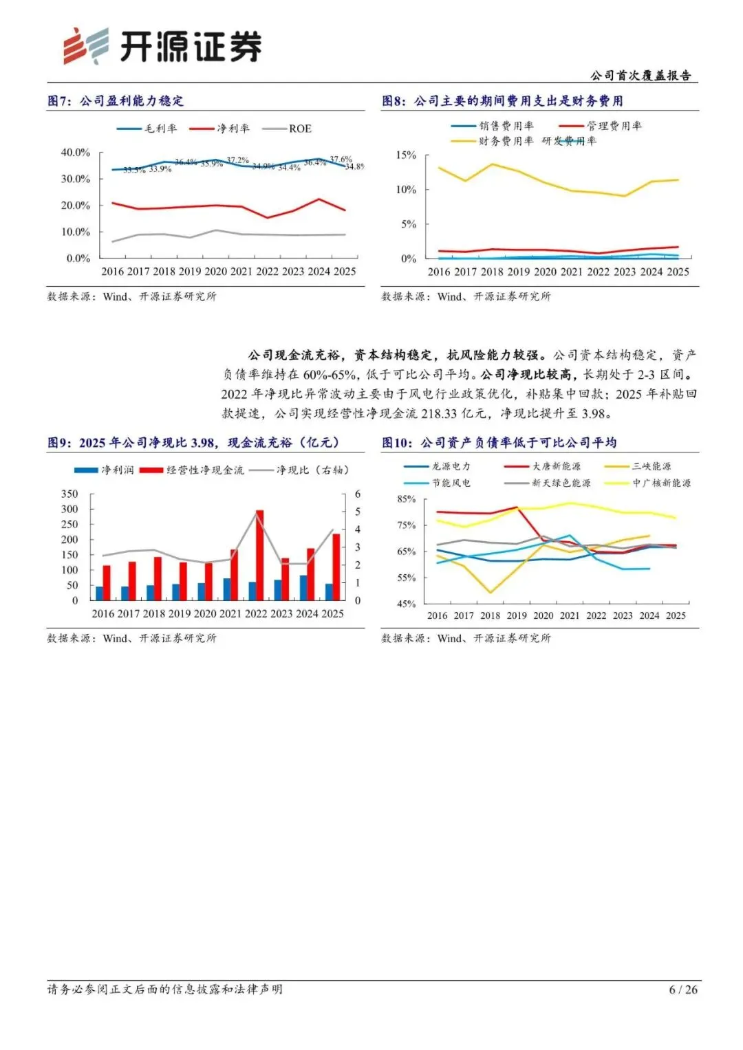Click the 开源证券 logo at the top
point(162,47)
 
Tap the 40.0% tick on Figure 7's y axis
point(76,152)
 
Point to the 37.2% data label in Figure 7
point(238,160)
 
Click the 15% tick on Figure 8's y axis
point(406,155)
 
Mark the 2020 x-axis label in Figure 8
point(545,272)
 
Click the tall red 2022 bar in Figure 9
point(259,555)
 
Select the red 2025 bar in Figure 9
point(336,567)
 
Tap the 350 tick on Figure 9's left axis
point(69,494)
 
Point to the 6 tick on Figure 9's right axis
point(358,494)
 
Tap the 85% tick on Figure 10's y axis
point(407,499)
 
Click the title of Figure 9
point(193,443)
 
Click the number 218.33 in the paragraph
point(439,413)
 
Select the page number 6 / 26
point(683,989)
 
